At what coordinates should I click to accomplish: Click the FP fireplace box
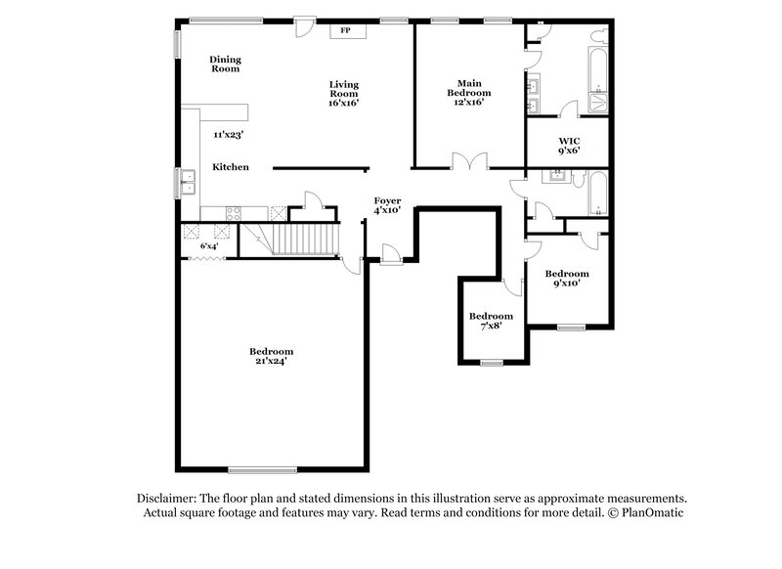[x=345, y=31]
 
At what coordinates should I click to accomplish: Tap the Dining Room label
[x=225, y=65]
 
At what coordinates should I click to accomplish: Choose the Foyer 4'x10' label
[x=388, y=205]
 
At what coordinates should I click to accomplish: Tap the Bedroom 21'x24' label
[x=271, y=356]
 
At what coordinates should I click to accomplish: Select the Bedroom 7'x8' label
[x=491, y=321]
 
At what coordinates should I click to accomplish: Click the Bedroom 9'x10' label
[x=567, y=279]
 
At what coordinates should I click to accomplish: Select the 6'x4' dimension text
[x=209, y=246]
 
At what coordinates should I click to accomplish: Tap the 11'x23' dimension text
[x=229, y=134]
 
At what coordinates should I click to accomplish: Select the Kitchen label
[x=232, y=167]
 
